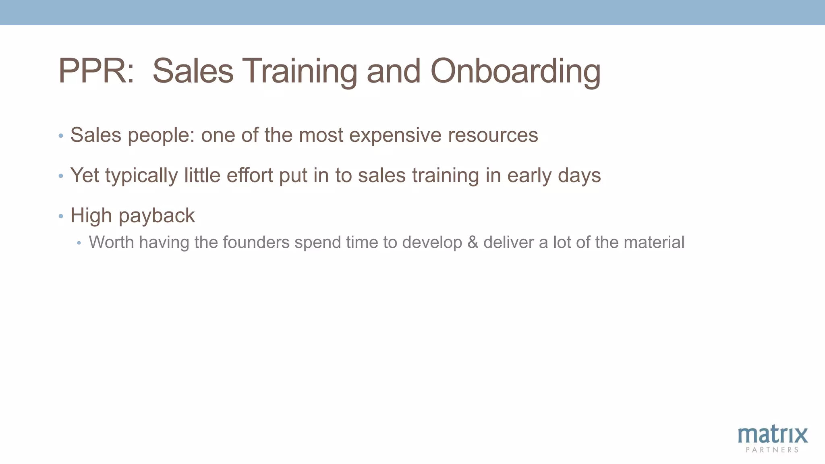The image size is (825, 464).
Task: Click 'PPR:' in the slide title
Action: pyautogui.click(x=96, y=71)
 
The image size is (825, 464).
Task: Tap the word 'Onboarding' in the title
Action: pyautogui.click(x=516, y=71)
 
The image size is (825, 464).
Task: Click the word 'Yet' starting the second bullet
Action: pyautogui.click(x=85, y=176)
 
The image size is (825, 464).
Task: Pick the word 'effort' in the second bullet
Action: pyautogui.click(x=250, y=176)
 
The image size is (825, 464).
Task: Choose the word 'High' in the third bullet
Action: pyautogui.click(x=91, y=216)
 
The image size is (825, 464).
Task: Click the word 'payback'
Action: pyautogui.click(x=157, y=216)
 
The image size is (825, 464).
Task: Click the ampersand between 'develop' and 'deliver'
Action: pyautogui.click(x=473, y=242)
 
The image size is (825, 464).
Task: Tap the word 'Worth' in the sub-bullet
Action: pyautogui.click(x=111, y=242)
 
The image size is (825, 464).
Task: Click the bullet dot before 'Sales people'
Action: pyautogui.click(x=61, y=136)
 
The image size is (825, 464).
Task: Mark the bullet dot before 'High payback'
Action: pyautogui.click(x=61, y=216)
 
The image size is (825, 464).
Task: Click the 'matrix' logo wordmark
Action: pyautogui.click(x=773, y=435)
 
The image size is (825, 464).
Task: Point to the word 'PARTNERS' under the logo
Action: pyautogui.click(x=772, y=450)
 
